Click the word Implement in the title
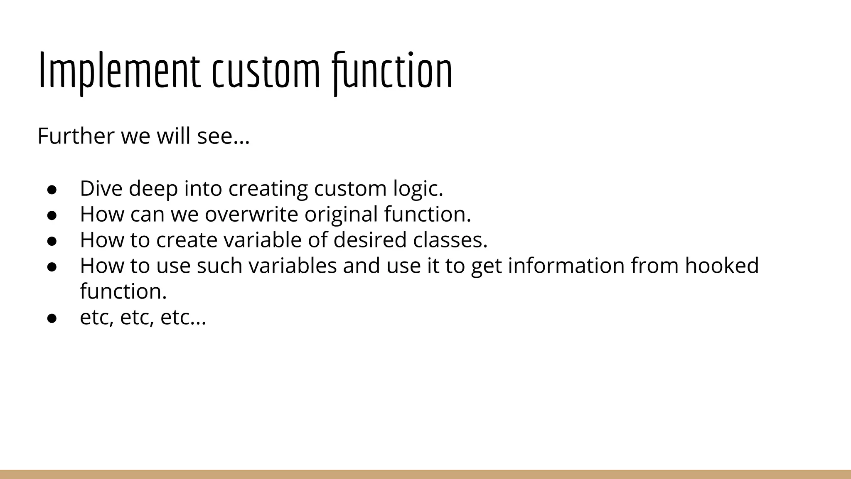point(119,71)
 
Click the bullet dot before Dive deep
point(52,190)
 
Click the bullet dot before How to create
point(52,241)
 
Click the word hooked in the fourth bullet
point(722,266)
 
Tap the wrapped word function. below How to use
point(123,291)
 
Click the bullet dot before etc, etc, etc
point(52,319)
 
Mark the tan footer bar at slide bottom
point(425,474)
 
